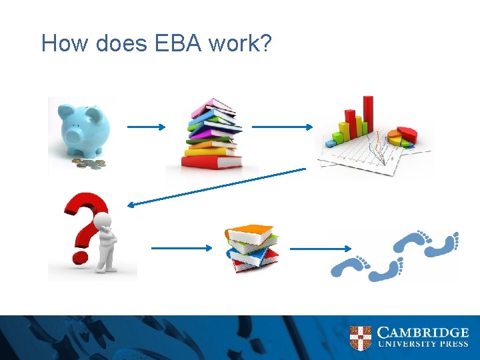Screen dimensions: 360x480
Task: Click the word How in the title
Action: pos(65,43)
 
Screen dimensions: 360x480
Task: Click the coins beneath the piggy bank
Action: pos(89,163)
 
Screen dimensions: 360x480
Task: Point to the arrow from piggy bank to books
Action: pos(147,126)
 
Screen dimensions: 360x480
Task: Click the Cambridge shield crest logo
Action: pos(360,337)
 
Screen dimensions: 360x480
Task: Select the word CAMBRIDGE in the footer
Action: pos(423,332)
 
